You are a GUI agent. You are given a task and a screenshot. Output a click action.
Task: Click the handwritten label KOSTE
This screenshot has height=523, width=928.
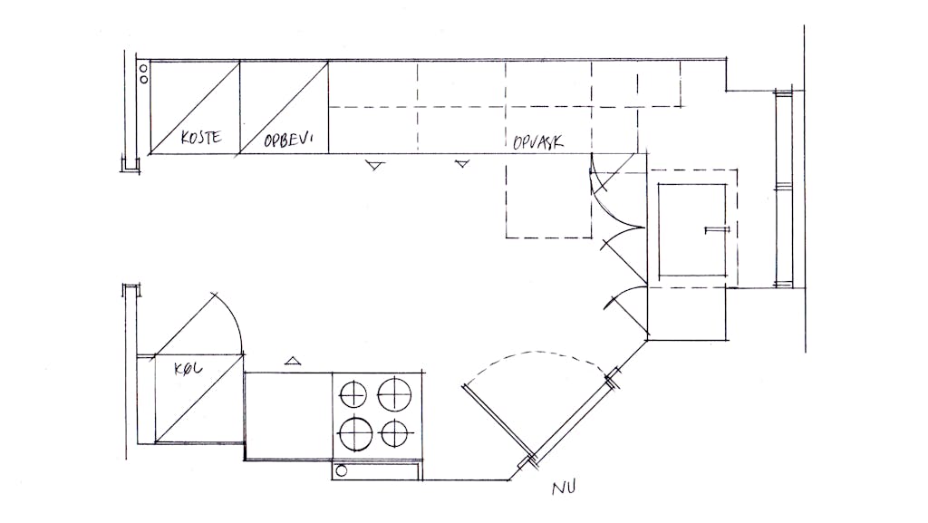click(201, 137)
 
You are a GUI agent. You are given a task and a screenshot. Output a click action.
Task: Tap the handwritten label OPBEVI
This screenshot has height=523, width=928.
click(288, 140)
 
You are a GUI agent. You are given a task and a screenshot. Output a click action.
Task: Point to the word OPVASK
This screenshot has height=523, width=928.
click(538, 142)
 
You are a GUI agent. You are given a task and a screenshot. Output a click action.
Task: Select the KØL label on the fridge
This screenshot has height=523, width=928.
click(188, 369)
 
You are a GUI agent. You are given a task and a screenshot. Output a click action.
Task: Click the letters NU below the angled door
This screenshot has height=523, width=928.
click(564, 488)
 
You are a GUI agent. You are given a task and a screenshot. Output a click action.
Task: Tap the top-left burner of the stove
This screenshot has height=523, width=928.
click(353, 394)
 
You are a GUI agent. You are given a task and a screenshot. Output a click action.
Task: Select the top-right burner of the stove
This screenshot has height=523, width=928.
click(394, 394)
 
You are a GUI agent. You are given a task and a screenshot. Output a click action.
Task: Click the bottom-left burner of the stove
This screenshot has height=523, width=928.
click(355, 433)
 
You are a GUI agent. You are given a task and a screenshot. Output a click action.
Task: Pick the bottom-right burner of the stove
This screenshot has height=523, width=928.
click(393, 433)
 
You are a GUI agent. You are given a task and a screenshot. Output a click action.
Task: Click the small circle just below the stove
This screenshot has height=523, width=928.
click(342, 471)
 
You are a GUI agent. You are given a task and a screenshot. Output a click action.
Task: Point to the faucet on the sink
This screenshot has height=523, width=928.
click(718, 229)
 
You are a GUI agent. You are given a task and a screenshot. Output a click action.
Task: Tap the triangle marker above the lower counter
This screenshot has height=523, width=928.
click(293, 361)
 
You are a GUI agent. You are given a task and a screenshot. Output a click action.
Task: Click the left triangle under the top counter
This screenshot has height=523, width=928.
click(374, 165)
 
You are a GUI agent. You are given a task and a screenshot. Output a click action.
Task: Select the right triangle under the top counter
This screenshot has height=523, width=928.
click(462, 163)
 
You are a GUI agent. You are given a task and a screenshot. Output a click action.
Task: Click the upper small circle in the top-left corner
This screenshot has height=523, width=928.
click(143, 69)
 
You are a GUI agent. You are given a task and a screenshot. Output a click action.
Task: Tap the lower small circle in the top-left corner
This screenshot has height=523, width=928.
click(143, 79)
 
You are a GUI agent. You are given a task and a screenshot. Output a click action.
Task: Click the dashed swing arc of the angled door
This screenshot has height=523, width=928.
click(536, 353)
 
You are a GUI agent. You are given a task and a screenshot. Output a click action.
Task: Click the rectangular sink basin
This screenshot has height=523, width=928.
click(692, 229)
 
